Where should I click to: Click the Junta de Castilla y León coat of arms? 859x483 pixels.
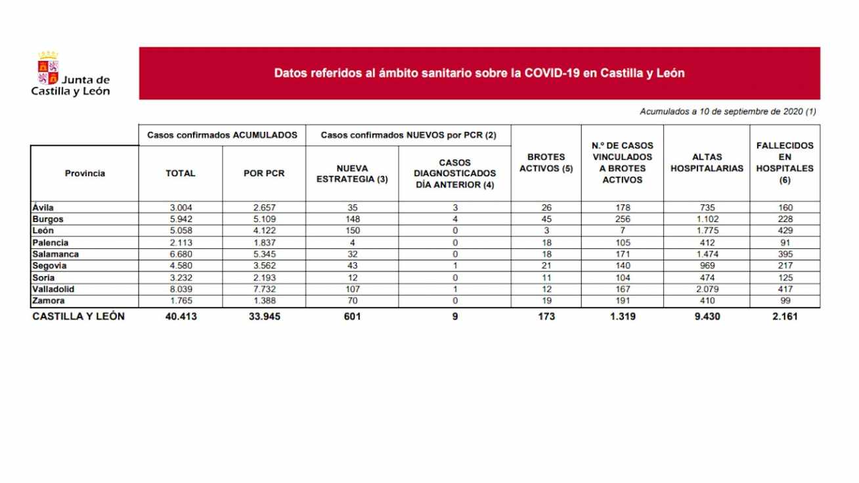coord(48,68)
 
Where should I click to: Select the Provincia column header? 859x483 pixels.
coord(85,173)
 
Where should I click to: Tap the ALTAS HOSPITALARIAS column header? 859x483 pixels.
coord(707,163)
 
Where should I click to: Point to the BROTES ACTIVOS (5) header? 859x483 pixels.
coord(546,163)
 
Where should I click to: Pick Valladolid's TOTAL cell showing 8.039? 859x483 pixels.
coord(181,290)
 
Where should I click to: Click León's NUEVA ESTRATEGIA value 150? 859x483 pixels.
coord(351,231)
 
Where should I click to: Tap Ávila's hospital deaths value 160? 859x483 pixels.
coord(785,207)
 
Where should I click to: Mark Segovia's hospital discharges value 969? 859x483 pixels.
coord(707,266)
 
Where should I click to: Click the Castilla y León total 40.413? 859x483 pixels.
coord(181,317)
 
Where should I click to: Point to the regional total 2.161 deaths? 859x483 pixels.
coord(785,317)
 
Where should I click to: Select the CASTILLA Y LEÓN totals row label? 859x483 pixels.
coord(78,317)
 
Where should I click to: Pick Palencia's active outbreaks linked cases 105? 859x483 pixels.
coord(622,242)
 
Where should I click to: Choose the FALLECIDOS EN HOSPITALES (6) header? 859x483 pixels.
coord(785,163)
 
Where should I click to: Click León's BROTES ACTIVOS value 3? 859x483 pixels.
coord(546,231)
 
